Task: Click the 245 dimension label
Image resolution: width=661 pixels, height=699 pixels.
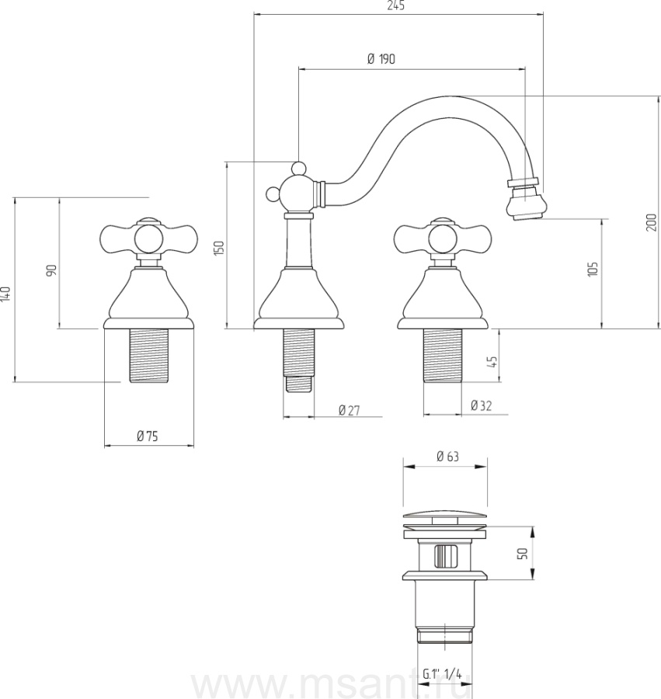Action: pos(396,5)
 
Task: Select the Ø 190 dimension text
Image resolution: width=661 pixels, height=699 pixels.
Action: pos(381,59)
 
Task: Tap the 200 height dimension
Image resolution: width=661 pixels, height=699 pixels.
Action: pos(652,222)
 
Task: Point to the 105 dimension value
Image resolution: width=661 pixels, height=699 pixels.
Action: pos(593,269)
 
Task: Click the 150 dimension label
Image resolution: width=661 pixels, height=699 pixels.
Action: pos(219,248)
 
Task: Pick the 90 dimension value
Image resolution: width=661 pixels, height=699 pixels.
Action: pos(52,270)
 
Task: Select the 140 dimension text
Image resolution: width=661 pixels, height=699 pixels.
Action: pos(5,294)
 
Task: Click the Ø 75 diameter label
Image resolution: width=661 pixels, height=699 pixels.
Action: pos(147,436)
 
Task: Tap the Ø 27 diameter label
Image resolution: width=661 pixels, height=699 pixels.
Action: pos(349,410)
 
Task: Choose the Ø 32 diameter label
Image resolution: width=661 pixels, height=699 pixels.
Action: pos(482,405)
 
